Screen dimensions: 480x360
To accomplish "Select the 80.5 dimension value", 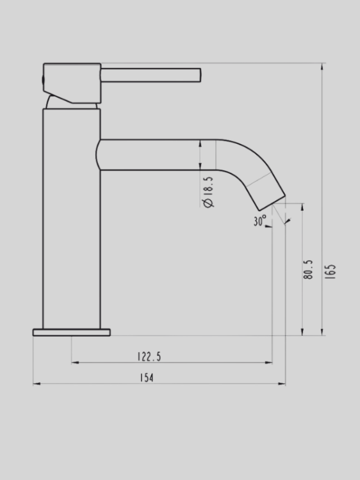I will (309, 270).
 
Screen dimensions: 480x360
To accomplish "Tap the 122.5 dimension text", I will (149, 356).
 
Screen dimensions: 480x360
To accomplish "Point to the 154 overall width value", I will (147, 378).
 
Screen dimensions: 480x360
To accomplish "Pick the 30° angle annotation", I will (259, 221).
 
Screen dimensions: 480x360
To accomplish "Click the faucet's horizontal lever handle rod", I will (151, 74).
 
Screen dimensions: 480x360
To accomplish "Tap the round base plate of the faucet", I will (72, 332).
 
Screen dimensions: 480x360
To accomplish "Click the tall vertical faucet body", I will (72, 218).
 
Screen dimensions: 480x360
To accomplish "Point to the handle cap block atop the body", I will (72, 82).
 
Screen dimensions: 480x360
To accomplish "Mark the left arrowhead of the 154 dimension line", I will (36, 384).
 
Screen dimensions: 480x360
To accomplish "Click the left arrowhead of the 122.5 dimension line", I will (74, 363).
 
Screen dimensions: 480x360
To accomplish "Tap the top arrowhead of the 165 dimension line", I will (323, 66).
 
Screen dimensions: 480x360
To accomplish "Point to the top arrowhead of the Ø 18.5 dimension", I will (201, 142).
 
